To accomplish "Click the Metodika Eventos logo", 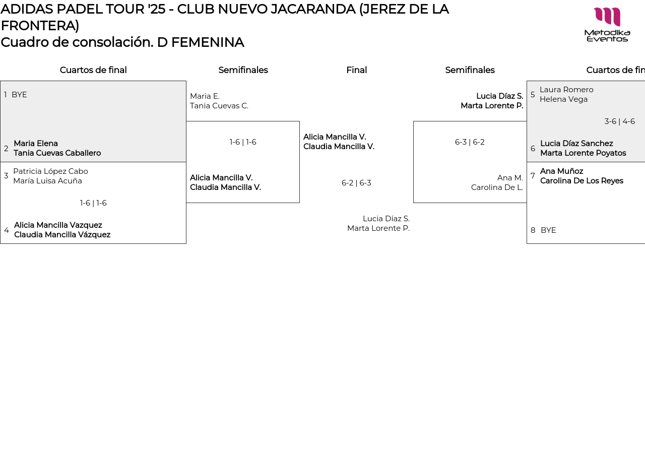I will [x=607, y=24].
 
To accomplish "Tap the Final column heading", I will [x=356, y=70].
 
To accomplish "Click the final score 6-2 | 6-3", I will [x=356, y=183].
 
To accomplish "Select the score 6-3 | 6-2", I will [x=470, y=142].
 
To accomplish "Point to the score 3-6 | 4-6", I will [x=619, y=121].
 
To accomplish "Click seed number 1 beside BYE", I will [x=6, y=95].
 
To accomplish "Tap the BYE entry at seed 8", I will [x=548, y=230].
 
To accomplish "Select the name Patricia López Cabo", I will [x=50, y=171].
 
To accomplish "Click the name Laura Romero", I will [x=566, y=90].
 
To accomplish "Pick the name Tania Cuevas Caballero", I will [x=57, y=153].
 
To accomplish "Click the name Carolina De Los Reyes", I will [x=582, y=181].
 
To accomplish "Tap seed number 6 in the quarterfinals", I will [x=533, y=149].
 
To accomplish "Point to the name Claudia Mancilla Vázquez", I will [x=62, y=235].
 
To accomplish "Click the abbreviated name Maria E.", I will [x=205, y=96].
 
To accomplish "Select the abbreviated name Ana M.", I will [x=510, y=178].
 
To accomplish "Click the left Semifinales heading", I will [x=243, y=70].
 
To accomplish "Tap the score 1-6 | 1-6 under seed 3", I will [x=93, y=203].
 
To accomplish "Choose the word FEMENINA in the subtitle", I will [x=208, y=42].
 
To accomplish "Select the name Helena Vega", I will [x=563, y=99].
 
